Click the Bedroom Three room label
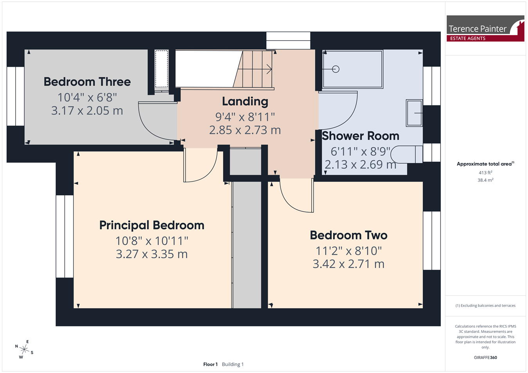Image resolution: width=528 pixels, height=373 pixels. coord(87,82)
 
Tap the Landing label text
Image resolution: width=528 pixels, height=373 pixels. coord(245,102)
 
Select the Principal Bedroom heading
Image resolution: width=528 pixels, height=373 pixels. coord(152,225)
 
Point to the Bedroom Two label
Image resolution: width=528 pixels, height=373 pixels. coord(348,235)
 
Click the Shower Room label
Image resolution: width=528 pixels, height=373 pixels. coord(360,136)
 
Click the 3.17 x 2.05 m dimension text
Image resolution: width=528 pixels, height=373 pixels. coord(87,111)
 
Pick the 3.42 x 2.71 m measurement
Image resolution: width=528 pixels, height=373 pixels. coord(348,264)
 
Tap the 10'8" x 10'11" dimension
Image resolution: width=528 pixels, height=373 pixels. coord(152,241)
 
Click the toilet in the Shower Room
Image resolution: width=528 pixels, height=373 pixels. coord(406,154)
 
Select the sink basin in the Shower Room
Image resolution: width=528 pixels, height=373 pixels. coord(414,113)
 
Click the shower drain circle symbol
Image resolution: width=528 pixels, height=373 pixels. coord(336,69)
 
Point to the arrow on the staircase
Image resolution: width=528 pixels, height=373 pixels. coord(255,69)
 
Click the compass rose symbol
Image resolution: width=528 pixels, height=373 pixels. coord(24,350)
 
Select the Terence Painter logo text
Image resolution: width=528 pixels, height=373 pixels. coord(477,29)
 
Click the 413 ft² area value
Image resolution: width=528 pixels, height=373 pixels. coord(485,173)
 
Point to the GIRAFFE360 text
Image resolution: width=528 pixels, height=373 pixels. coord(485,357)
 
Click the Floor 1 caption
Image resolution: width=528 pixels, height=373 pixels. coord(210,364)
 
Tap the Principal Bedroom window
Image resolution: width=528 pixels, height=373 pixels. coord(65,236)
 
